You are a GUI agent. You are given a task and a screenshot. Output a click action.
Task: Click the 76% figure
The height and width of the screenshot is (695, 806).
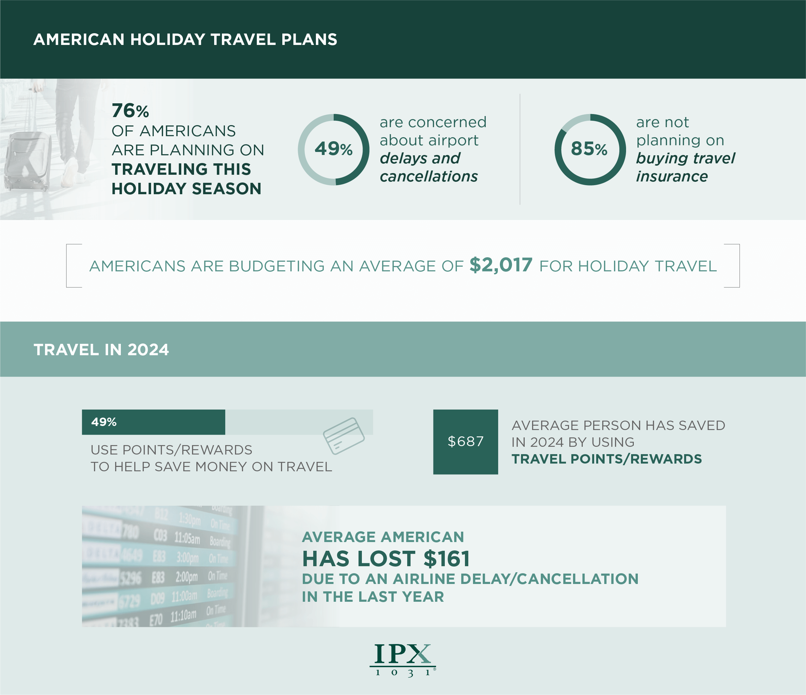point(130,111)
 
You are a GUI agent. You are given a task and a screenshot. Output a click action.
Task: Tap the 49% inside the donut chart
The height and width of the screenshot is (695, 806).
point(333,149)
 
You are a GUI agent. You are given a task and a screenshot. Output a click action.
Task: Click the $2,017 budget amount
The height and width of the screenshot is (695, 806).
point(501,265)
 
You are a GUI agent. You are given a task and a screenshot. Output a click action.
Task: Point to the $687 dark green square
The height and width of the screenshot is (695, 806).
point(465,441)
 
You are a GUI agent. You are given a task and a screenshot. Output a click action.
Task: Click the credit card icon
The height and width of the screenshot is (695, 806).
point(343,436)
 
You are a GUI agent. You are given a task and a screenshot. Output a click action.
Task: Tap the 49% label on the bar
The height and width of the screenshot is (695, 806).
point(104,422)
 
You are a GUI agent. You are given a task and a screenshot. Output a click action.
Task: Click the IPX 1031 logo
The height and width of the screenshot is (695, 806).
point(402,660)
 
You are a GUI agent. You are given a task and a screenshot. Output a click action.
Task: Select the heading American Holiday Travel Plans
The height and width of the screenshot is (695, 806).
point(185,40)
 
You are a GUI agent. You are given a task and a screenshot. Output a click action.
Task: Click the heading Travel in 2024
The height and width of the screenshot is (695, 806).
point(101,350)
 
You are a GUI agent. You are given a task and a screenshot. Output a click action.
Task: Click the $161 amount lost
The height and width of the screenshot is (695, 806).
point(446,559)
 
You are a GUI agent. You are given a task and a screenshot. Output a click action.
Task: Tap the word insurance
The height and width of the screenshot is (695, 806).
point(672,176)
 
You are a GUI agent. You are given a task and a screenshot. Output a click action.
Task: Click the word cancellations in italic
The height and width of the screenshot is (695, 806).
point(429,176)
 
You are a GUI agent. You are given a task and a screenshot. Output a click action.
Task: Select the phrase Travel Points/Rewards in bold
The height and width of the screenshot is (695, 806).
point(607,459)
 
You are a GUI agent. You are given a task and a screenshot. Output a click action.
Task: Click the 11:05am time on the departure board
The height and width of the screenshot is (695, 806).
point(187,538)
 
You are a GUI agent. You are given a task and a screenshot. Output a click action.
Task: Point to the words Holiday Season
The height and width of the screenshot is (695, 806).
point(186,189)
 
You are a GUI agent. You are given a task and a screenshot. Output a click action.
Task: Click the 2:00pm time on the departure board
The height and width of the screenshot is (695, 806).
point(186,577)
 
